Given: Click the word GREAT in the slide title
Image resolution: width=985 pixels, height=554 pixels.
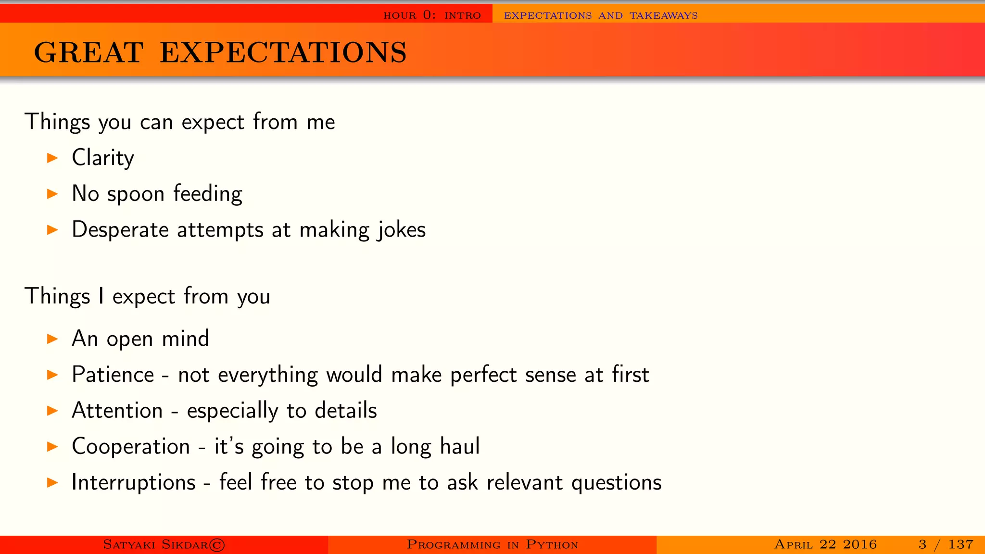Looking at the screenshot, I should (x=88, y=52).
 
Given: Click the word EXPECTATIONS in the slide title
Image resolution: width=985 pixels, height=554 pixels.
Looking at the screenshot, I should (x=283, y=52).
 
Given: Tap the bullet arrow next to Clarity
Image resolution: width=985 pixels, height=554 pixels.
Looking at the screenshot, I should (x=52, y=158).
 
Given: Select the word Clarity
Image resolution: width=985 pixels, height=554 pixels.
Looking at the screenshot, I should (x=102, y=158).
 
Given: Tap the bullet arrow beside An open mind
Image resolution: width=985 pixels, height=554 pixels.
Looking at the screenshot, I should (x=52, y=339).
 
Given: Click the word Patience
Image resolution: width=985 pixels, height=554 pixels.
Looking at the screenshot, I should (x=113, y=375).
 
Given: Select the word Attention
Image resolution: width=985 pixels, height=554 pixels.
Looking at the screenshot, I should (x=117, y=411).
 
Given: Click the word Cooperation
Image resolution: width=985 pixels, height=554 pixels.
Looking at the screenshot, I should (x=131, y=447).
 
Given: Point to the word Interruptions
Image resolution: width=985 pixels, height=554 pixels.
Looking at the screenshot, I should (x=134, y=482).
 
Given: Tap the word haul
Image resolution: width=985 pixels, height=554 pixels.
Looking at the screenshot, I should (x=460, y=447).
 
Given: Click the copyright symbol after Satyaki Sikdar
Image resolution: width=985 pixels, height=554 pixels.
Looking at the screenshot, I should (x=217, y=545).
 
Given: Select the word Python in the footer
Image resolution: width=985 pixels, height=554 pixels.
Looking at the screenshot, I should (x=552, y=545).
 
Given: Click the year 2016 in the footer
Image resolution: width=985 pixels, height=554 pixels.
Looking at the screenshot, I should (x=859, y=544).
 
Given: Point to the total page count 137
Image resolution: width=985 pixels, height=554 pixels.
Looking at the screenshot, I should (x=960, y=544).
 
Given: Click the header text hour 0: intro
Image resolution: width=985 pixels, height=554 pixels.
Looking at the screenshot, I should (x=432, y=15).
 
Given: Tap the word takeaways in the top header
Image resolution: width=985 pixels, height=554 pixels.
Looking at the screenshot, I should (x=663, y=15).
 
